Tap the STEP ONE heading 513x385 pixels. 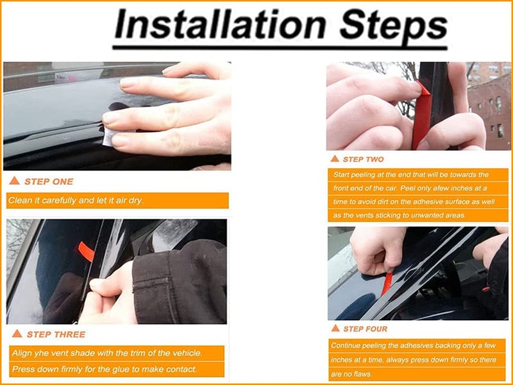49,182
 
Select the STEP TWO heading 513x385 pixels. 363,159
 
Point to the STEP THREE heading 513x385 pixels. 56,334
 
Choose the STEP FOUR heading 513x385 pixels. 365,329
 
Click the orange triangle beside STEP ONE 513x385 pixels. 14,180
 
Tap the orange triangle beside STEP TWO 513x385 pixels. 335,158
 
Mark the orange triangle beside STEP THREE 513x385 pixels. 17,333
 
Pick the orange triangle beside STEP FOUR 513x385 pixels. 335,328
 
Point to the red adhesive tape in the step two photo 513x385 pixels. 421,115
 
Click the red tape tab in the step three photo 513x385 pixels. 86,251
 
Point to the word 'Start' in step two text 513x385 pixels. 341,175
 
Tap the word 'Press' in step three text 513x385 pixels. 22,369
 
